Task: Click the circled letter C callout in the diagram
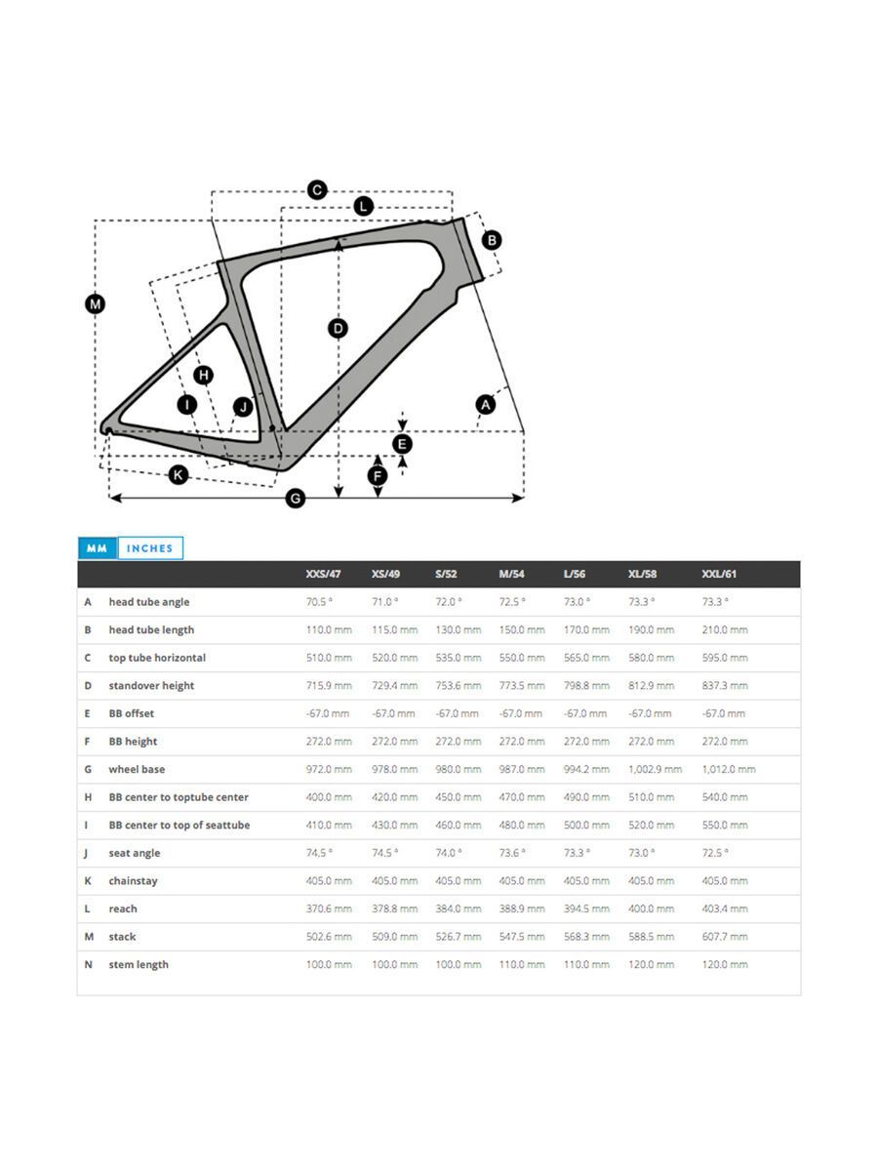[317, 190]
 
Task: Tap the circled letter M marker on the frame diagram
[95, 304]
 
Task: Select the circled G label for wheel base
[296, 499]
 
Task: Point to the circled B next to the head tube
[492, 240]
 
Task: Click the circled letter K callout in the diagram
[179, 475]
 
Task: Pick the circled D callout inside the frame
[338, 328]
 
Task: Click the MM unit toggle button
[97, 548]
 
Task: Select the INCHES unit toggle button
[149, 548]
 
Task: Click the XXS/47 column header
[323, 574]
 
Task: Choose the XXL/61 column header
[719, 574]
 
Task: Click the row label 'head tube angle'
[148, 602]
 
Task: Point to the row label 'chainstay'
[133, 881]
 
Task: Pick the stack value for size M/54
[521, 937]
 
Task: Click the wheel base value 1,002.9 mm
[655, 770]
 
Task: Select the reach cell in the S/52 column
[458, 909]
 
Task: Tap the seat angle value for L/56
[577, 853]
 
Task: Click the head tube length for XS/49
[394, 630]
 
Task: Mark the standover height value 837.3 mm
[725, 686]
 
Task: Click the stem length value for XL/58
[651, 965]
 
